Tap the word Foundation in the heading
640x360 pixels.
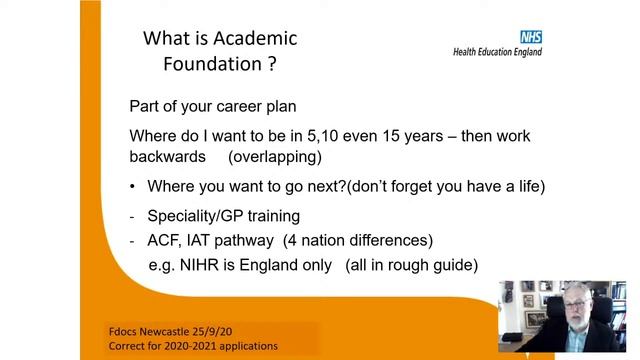(x=210, y=65)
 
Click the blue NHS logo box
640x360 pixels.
(x=530, y=37)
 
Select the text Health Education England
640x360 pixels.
(x=497, y=51)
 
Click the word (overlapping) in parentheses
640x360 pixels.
(x=274, y=157)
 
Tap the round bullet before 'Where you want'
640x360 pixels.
(x=133, y=187)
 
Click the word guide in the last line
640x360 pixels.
(x=458, y=265)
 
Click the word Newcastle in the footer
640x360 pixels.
(x=169, y=330)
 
